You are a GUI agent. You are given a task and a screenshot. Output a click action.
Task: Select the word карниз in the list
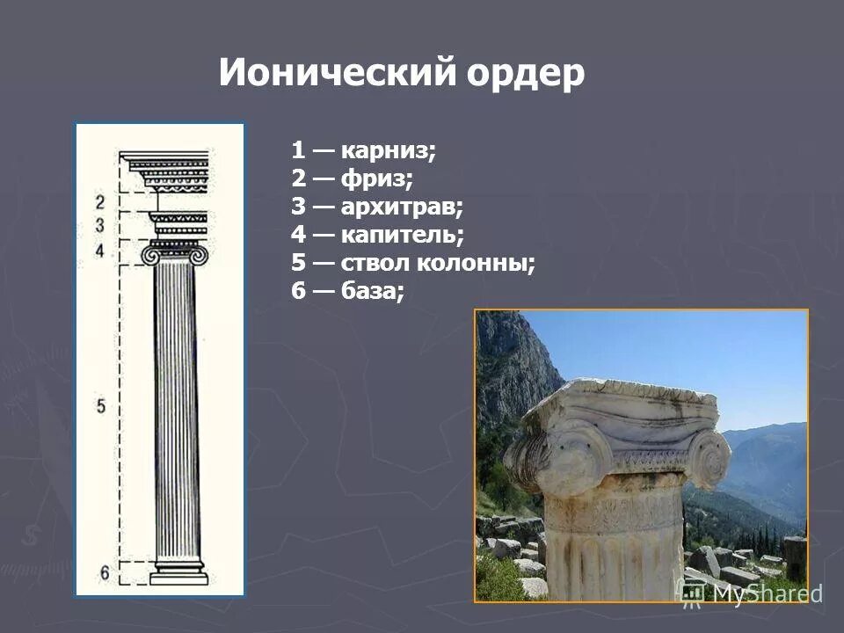[387, 150]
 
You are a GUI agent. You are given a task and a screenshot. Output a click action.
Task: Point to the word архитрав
[401, 207]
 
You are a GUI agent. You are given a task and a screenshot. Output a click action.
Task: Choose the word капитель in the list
[401, 236]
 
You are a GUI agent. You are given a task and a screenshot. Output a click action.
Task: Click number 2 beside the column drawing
[100, 202]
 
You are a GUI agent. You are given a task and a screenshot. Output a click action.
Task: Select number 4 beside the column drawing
[100, 251]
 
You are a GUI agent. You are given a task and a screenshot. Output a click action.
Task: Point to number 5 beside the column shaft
[101, 405]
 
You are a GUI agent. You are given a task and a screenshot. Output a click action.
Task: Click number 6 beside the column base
[104, 573]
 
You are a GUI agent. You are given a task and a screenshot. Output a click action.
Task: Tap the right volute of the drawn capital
[201, 256]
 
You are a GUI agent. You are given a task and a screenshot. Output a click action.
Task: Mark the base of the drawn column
[178, 574]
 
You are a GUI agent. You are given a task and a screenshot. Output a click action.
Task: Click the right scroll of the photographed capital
[709, 458]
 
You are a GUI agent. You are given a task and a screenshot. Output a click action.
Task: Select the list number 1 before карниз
[297, 150]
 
